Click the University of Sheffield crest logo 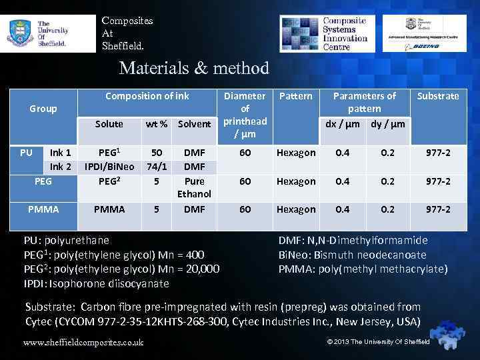[x=19, y=31]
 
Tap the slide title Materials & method [x=193, y=68]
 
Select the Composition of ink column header [x=147, y=96]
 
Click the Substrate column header [x=438, y=96]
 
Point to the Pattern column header [x=295, y=96]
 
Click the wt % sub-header [x=157, y=124]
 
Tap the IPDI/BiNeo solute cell [x=109, y=167]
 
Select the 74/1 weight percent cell [x=157, y=167]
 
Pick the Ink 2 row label [x=61, y=167]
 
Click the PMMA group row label [x=43, y=209]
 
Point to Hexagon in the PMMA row [x=296, y=209]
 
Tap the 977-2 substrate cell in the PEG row [x=438, y=181]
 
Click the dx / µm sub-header [x=343, y=124]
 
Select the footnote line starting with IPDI [x=97, y=283]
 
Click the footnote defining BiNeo [x=352, y=255]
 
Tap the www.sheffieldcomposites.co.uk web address [x=83, y=343]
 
